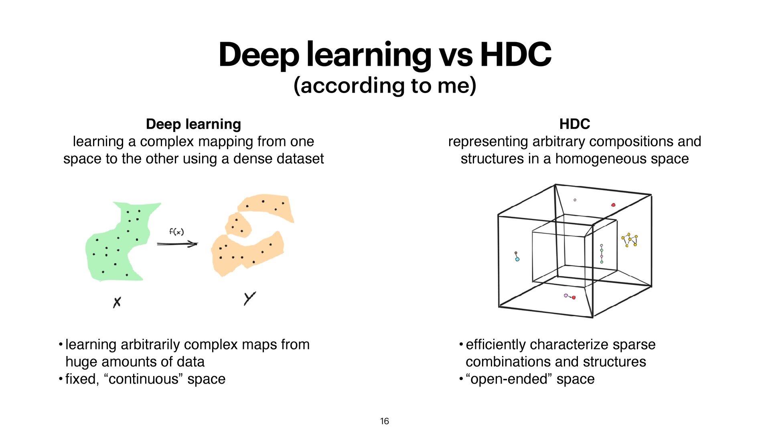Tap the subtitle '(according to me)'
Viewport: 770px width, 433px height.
point(385,85)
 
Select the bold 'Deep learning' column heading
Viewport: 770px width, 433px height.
point(193,124)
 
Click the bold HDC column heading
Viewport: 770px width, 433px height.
point(574,124)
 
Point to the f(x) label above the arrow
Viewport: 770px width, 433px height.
point(176,232)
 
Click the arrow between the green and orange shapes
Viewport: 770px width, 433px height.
point(177,244)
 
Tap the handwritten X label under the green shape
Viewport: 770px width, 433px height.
point(117,302)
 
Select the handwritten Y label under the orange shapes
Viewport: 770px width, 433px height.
point(249,298)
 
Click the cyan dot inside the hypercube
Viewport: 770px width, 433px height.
point(517,259)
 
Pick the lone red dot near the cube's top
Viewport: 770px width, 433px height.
point(613,205)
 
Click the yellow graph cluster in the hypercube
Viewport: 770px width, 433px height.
point(630,240)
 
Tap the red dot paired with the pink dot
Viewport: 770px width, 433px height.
point(574,297)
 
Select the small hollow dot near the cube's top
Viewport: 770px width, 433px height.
point(575,200)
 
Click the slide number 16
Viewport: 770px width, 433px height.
point(384,421)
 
